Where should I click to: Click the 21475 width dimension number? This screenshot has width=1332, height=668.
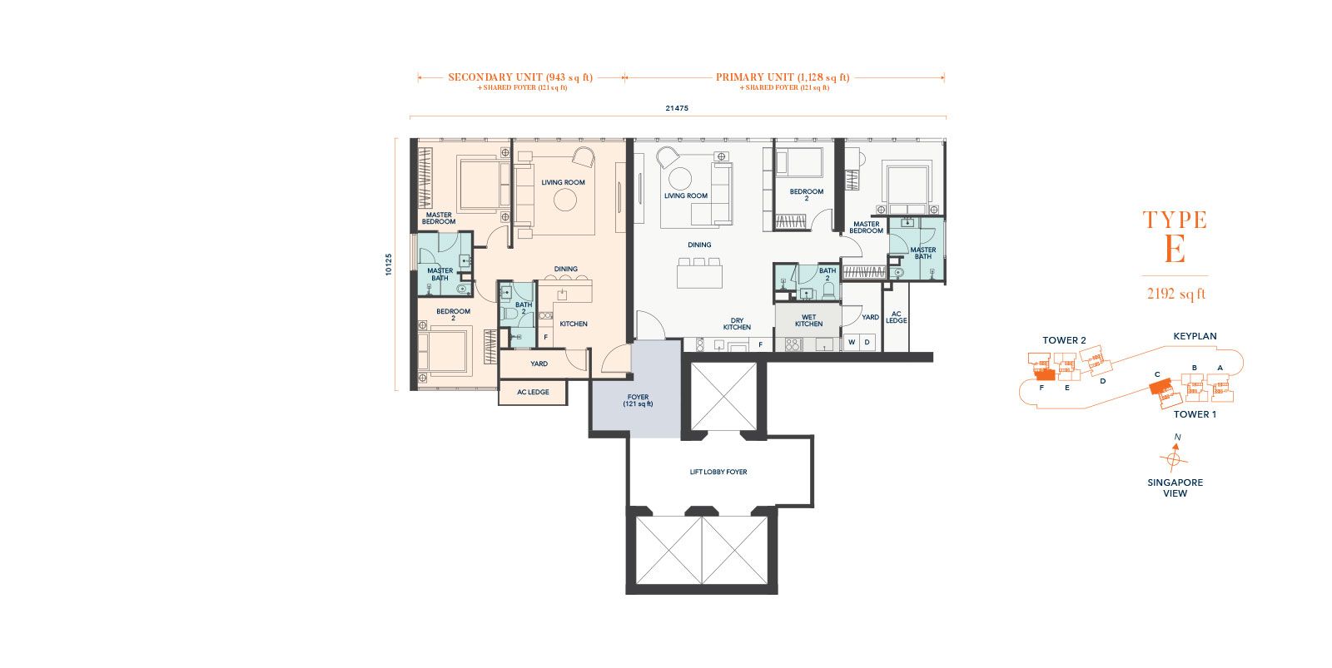(x=677, y=108)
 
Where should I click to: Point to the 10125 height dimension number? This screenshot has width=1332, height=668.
(x=388, y=265)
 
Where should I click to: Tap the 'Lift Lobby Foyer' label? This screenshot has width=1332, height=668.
(x=718, y=472)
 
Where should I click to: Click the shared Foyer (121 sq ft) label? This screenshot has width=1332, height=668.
(x=638, y=401)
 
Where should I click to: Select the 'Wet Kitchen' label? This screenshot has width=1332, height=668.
(x=808, y=320)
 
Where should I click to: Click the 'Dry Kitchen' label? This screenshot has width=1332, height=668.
(x=737, y=324)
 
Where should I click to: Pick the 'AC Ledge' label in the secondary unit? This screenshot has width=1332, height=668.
(x=533, y=393)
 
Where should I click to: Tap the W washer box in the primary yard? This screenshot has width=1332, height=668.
(x=852, y=343)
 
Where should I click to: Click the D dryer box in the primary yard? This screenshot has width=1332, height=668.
(x=867, y=343)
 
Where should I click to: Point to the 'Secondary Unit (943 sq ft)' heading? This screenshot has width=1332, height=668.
(x=520, y=77)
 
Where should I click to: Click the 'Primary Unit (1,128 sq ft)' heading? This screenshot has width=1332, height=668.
(x=783, y=77)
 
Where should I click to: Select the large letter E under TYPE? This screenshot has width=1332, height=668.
(x=1175, y=249)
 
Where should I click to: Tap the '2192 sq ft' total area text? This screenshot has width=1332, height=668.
(x=1175, y=294)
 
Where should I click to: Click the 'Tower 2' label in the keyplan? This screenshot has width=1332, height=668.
(x=1064, y=340)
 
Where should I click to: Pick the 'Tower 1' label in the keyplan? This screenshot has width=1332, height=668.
(x=1195, y=414)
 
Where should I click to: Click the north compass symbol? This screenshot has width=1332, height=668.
(x=1174, y=458)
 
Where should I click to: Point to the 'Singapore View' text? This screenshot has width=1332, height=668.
(x=1175, y=488)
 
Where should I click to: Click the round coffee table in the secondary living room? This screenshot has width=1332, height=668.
(x=565, y=200)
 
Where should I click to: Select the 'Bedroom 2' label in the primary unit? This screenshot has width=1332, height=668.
(x=807, y=195)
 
